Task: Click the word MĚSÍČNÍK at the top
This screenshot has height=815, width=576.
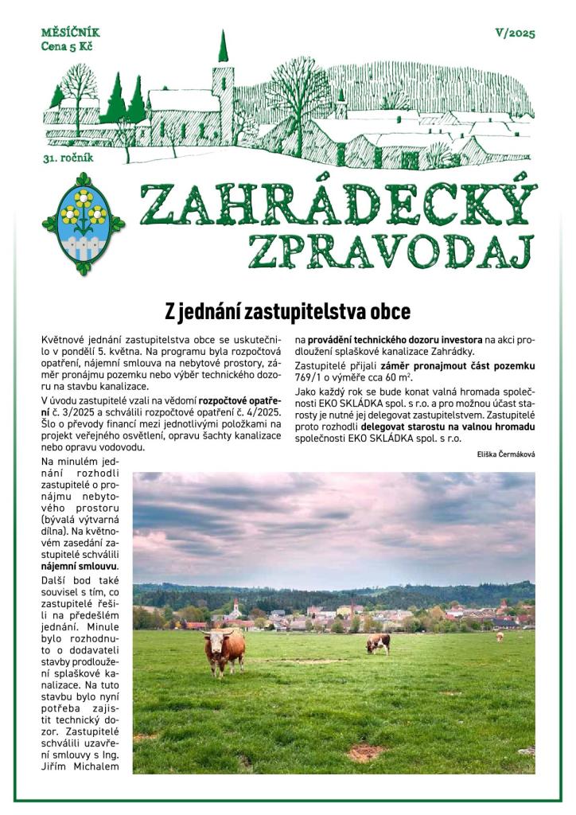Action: click(70, 33)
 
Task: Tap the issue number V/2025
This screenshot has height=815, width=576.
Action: click(515, 33)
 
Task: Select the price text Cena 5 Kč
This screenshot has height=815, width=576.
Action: click(67, 47)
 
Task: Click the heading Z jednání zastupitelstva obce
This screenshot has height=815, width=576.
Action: click(287, 310)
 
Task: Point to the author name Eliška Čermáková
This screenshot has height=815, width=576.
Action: click(503, 453)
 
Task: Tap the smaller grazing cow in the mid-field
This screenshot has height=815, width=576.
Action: click(379, 642)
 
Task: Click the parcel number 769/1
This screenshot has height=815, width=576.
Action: click(312, 376)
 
